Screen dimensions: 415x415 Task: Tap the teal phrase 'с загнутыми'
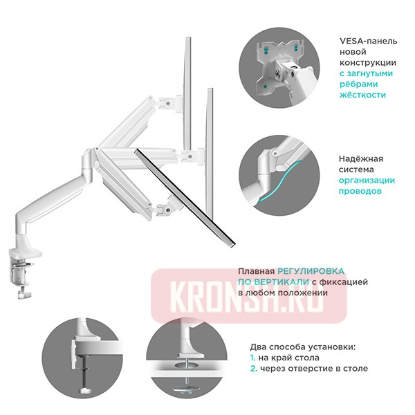[x=366, y=73]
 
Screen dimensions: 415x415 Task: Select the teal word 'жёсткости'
[x=362, y=95]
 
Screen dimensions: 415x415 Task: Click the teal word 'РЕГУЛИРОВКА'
[x=310, y=272]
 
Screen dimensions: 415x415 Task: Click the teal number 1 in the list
[x=252, y=358]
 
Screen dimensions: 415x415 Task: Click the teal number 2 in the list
[x=253, y=369]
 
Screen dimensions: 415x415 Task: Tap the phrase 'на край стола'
[x=289, y=358]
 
